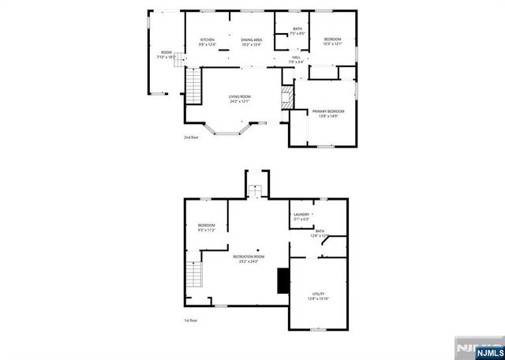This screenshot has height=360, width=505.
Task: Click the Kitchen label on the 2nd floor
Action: [208, 42]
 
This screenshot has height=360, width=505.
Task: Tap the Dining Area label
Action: [252, 42]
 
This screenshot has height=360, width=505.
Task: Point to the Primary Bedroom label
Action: [328, 114]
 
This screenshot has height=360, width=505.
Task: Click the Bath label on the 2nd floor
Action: [297, 32]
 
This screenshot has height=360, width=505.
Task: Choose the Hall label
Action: [297, 59]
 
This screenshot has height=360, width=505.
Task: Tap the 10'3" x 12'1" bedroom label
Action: [333, 41]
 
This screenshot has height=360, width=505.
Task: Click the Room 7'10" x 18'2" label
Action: [166, 55]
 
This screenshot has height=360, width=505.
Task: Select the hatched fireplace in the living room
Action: [287, 97]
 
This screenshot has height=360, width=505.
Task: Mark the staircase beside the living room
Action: [193, 87]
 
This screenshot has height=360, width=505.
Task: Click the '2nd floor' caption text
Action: [191, 137]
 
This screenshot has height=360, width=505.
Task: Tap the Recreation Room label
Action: [249, 259]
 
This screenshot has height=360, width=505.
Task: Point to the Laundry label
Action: [301, 216]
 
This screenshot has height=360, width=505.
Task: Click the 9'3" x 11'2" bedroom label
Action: [206, 228]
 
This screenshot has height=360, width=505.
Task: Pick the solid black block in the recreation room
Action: [281, 280]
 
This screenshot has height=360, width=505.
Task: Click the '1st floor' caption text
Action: [190, 320]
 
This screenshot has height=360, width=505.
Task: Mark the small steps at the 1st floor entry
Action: [255, 190]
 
